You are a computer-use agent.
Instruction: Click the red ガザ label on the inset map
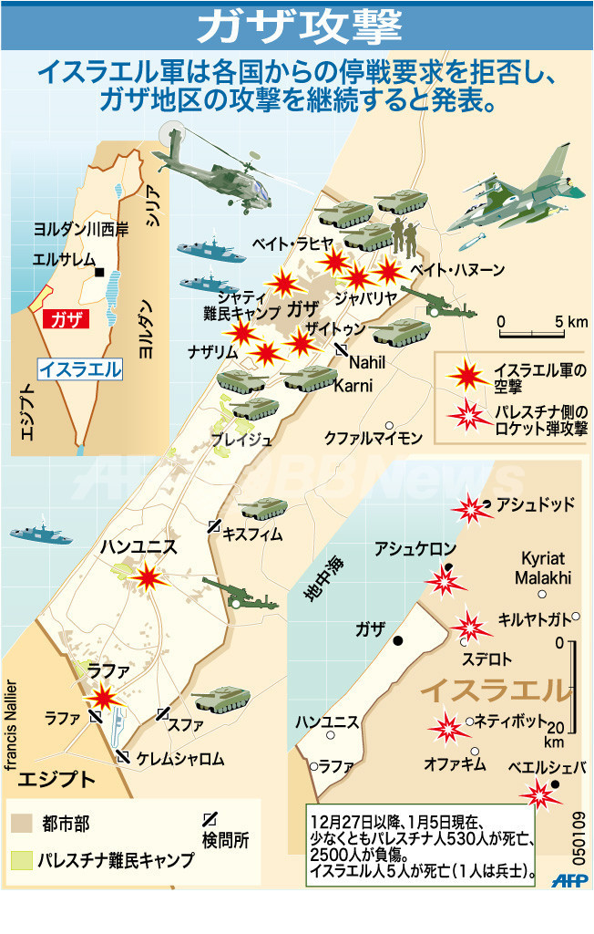66,318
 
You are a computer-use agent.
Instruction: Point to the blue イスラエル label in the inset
79,368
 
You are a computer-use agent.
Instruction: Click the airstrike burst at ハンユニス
148,576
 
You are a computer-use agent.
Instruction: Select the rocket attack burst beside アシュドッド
470,508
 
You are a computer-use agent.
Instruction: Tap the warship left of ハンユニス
41,534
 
